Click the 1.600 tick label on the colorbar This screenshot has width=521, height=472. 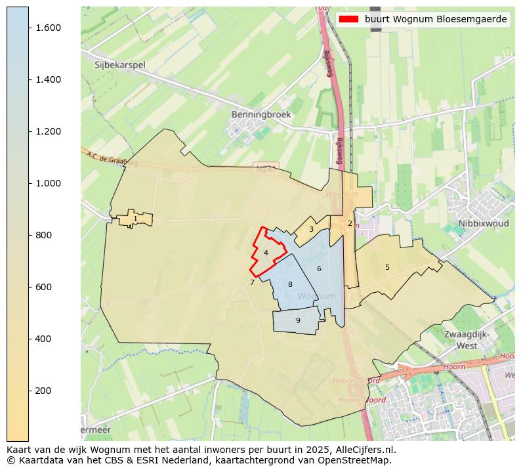tap(48, 28)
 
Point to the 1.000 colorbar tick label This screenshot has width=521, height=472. tap(48, 183)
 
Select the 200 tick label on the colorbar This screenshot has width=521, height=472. tap(44, 391)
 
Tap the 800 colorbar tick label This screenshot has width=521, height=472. tap(44, 235)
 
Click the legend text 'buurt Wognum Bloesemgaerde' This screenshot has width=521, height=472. tap(436, 19)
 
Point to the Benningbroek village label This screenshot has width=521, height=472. tap(260, 114)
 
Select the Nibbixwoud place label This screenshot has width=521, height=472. tap(484, 223)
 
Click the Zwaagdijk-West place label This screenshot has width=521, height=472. tap(467, 339)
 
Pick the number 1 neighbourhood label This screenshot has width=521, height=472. tap(135, 219)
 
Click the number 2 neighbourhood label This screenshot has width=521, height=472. tap(350, 223)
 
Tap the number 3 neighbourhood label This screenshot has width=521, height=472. tap(311, 230)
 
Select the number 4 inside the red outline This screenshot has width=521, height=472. tap(266, 253)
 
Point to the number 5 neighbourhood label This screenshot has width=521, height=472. tap(387, 267)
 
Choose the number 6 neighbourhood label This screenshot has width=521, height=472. tap(319, 268)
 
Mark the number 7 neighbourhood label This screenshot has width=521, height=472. tap(252, 283)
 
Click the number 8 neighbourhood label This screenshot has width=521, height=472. tap(290, 284)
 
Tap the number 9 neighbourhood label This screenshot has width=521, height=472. tap(298, 320)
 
